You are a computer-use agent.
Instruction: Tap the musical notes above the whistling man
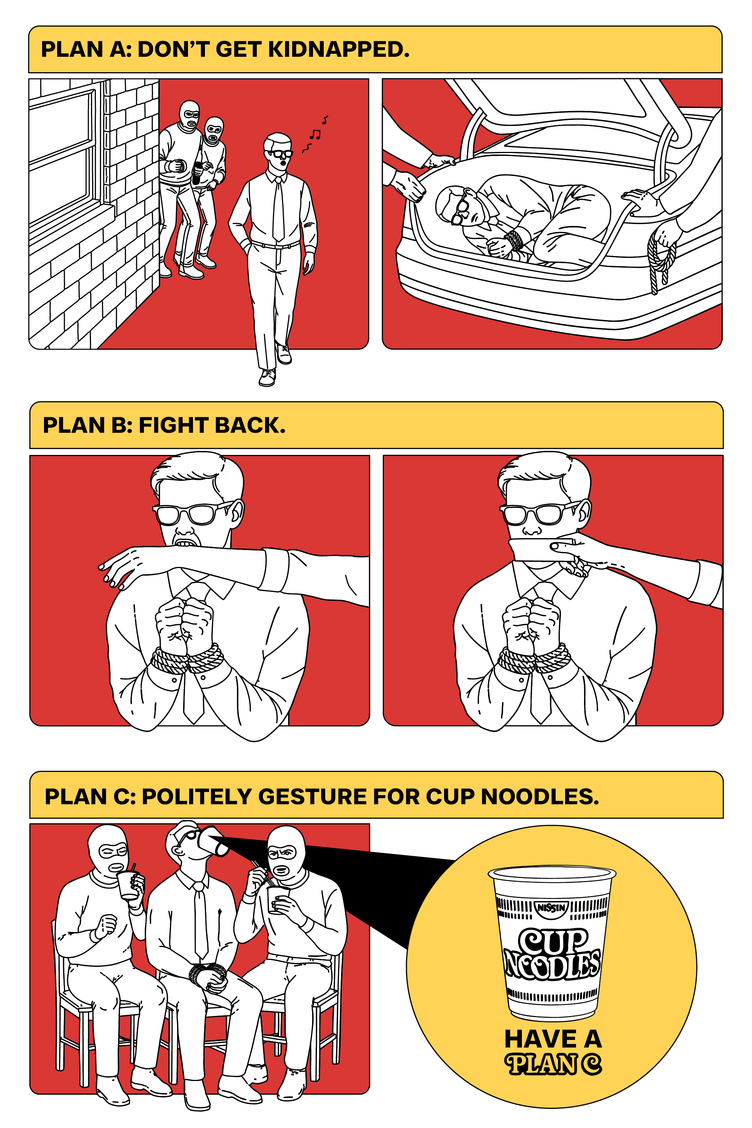pos(315,134)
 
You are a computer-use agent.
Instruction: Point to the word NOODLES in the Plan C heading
pos(540,797)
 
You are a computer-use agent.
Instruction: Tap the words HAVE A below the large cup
pos(553,1039)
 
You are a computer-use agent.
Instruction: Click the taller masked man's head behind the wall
pos(190,115)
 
